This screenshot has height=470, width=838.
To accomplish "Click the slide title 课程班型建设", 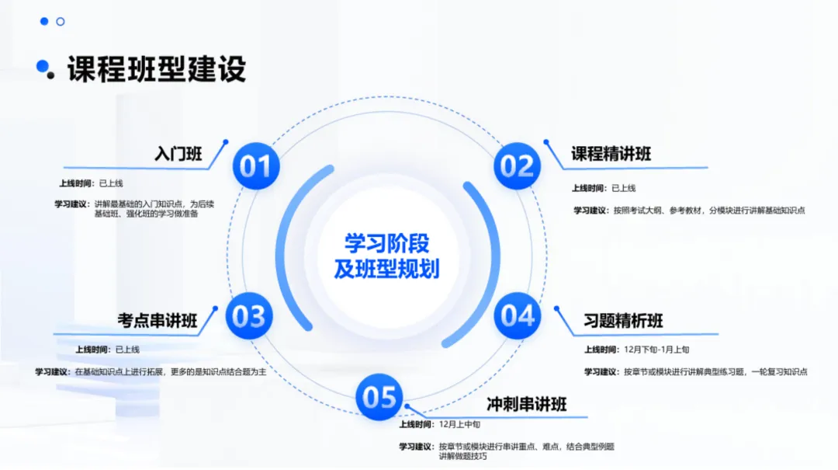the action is coord(156,69).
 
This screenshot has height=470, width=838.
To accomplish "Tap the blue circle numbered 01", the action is coord(256,166).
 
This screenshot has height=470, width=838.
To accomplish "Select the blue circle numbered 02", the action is coord(517,166).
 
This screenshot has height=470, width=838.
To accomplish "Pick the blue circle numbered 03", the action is coord(249,316).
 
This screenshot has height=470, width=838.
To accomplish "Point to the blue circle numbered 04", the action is coord(517,316).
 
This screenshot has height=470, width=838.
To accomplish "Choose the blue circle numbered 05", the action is coord(379,397).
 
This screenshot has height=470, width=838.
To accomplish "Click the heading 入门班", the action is coord(178,154).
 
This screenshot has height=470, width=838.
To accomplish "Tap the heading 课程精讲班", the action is coord(611,154).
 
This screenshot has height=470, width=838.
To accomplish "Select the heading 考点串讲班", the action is coord(158,321).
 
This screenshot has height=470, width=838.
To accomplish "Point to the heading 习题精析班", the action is coord(623,321).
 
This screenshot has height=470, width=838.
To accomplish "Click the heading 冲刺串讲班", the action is coord(526,404).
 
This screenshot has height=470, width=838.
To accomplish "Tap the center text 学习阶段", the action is coord(386,244).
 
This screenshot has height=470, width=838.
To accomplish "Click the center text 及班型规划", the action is coord(386,269).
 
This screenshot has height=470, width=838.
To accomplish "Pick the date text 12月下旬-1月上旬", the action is coord(656,350).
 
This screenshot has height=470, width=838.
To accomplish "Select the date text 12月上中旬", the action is coord(459,424).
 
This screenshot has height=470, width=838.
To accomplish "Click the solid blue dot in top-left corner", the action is coord(44,22).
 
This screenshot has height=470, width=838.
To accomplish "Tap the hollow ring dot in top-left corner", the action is coord(61,22).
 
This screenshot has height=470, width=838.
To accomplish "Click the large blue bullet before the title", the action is coord(42,66).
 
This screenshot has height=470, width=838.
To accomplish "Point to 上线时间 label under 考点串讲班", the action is coord(92,350).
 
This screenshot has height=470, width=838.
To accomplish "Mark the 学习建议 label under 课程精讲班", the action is coord(590,211).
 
